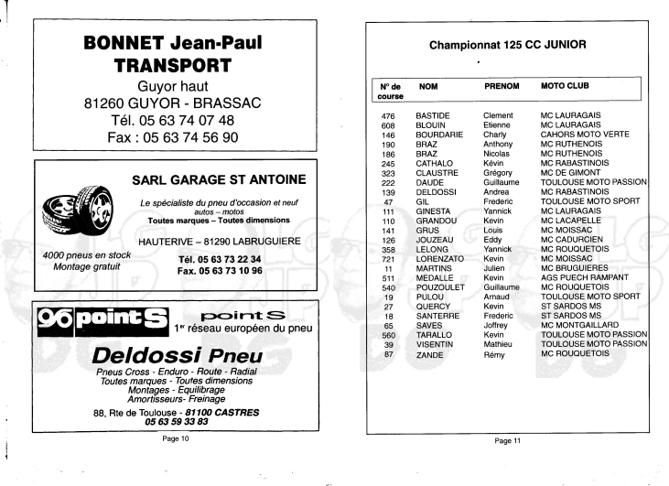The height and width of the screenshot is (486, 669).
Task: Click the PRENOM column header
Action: pyautogui.click(x=502, y=85)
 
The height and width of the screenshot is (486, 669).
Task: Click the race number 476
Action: pyautogui.click(x=389, y=115)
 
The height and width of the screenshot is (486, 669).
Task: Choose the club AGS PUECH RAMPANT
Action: pyautogui.click(x=584, y=276)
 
